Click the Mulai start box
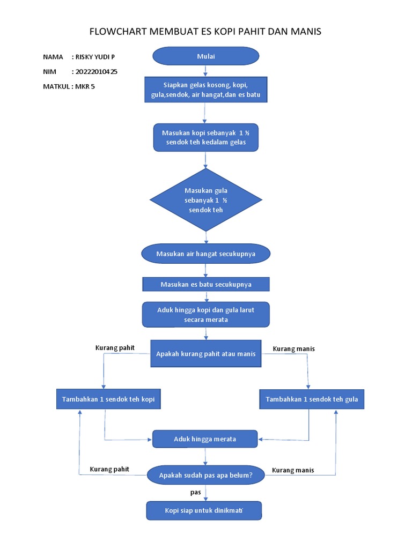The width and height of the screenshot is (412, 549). point(205,56)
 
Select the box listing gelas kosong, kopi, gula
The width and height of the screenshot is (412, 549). point(205,90)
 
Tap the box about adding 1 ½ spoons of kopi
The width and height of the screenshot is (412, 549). point(206,137)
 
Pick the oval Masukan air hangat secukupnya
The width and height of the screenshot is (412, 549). point(205,254)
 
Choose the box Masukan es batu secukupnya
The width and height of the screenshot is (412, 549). point(205,284)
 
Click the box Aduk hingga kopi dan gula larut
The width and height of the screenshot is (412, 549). point(205,315)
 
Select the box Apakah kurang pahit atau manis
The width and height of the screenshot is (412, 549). point(205,354)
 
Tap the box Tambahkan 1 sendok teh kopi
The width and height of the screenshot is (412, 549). point(108,399)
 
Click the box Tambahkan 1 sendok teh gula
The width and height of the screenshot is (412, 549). point(312,399)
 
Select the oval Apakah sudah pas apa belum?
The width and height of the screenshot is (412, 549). point(205,475)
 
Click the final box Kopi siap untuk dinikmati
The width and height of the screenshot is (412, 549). point(204,510)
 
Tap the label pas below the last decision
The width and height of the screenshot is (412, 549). point(196,492)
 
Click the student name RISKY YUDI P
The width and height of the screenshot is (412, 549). point(95,57)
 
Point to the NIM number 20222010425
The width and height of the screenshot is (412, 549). point(97,71)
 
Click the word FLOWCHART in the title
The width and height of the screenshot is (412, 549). point(116,32)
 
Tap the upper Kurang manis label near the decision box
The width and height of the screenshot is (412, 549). point(294,349)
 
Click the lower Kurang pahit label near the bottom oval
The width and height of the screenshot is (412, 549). point(109,470)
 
